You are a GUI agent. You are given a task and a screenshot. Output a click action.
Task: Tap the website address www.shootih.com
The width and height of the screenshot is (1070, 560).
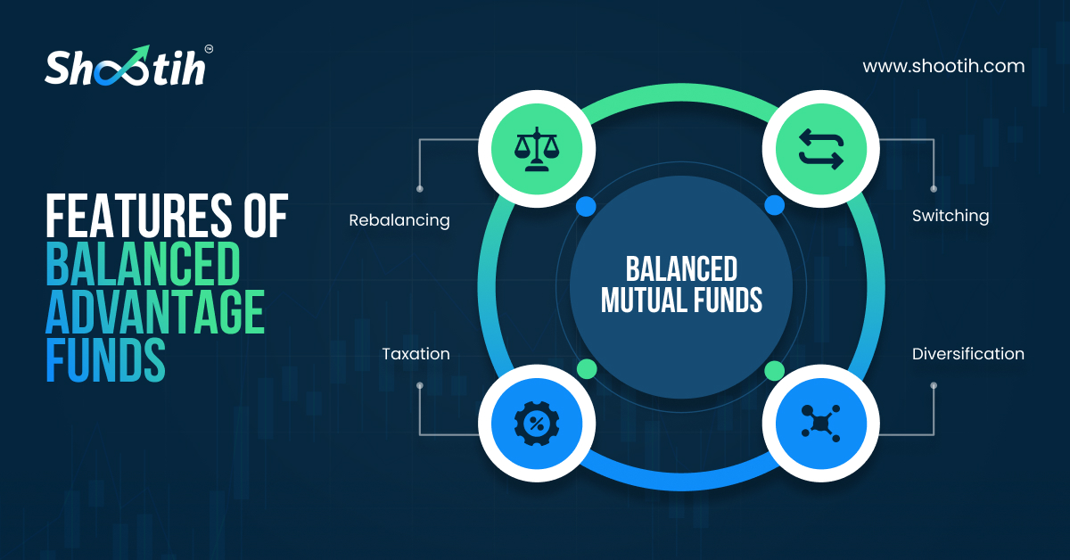(943, 66)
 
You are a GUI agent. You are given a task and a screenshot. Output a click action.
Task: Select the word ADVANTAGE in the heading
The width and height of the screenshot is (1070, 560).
(155, 313)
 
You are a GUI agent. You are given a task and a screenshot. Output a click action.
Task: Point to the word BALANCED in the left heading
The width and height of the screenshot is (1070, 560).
(143, 264)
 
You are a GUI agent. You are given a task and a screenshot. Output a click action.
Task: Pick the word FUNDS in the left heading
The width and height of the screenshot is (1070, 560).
(105, 361)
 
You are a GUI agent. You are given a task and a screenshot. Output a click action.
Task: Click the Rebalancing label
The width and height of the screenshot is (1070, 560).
(399, 219)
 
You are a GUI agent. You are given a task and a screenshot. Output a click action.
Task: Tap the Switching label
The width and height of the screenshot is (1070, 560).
(950, 216)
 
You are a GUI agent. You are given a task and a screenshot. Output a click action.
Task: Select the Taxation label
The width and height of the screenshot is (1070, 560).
(416, 354)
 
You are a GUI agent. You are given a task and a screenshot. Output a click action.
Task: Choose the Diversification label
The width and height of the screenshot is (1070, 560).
(967, 354)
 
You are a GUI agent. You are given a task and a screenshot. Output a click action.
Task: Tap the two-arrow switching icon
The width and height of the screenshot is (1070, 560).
(820, 148)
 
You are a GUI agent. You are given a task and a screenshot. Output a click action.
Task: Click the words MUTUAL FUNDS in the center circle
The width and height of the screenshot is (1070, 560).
(681, 301)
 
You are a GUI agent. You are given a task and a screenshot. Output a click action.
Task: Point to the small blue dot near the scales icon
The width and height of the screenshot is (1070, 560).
(585, 207)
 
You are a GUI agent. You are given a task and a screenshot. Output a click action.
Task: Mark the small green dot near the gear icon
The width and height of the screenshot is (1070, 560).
(586, 368)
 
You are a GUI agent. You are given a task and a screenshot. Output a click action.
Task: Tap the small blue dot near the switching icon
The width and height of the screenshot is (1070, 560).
(774, 206)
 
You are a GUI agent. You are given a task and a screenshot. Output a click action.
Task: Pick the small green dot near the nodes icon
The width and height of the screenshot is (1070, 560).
(774, 369)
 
